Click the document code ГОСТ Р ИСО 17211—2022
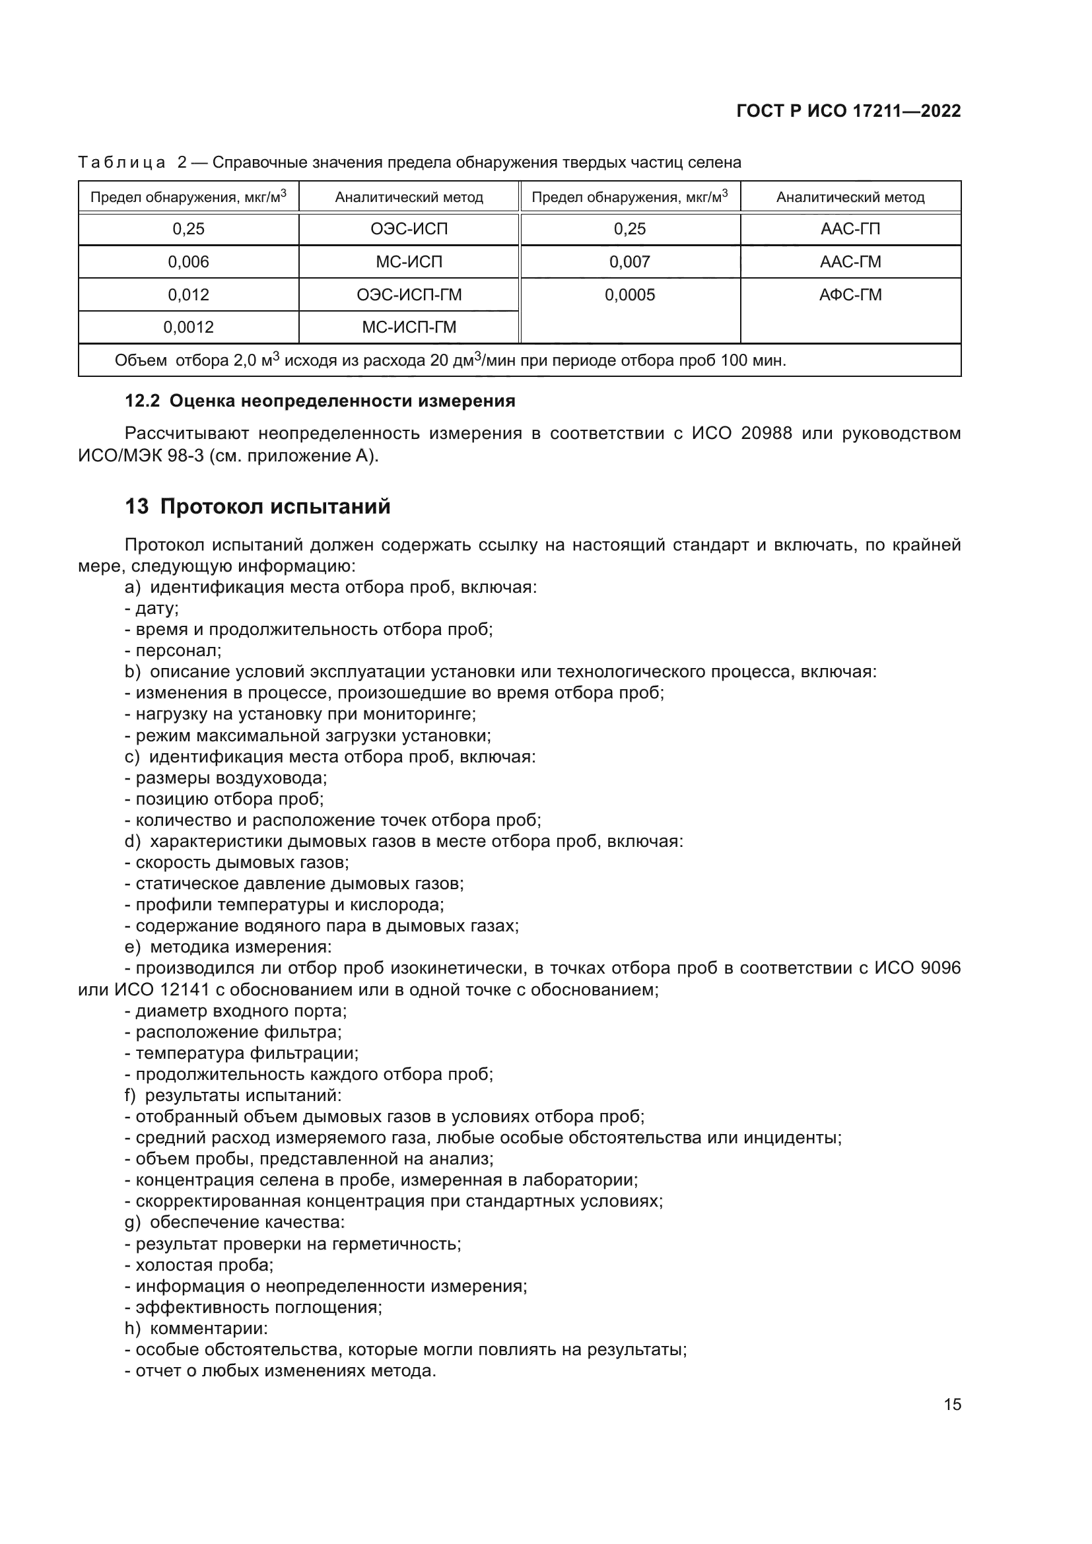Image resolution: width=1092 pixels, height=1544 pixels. pyautogui.click(x=848, y=111)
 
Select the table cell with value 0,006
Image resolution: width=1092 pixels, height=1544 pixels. pyautogui.click(x=188, y=261)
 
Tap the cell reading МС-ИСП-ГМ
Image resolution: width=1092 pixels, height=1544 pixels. pyautogui.click(x=409, y=327)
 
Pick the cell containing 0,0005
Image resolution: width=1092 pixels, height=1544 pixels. pyautogui.click(x=629, y=294)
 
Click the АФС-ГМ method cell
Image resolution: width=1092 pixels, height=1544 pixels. pyautogui.click(x=850, y=294)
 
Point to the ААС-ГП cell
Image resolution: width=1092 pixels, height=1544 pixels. pyautogui.click(x=850, y=228)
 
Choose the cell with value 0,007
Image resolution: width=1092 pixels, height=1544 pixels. pyautogui.click(x=629, y=261)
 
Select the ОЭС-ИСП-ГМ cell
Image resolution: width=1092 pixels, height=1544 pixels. pyautogui.click(x=409, y=294)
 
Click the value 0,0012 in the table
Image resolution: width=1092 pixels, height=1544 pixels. pyautogui.click(x=188, y=327)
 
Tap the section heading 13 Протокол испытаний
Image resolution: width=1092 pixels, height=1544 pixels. pyautogui.click(x=257, y=506)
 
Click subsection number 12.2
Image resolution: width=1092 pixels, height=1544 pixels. pyautogui.click(x=142, y=401)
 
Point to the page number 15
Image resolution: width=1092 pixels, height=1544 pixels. pyautogui.click(x=952, y=1404)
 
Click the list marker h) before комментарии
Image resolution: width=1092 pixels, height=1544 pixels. pyautogui.click(x=133, y=1329)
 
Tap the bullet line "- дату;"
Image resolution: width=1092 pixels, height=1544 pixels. pyautogui.click(x=151, y=609)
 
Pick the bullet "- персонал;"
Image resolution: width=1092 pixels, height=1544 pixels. pyautogui.click(x=173, y=651)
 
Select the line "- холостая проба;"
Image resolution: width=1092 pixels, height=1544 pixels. pyautogui.click(x=199, y=1265)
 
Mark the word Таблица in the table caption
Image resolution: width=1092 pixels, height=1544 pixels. pyautogui.click(x=121, y=163)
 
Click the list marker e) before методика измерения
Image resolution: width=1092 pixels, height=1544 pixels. pyautogui.click(x=133, y=947)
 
